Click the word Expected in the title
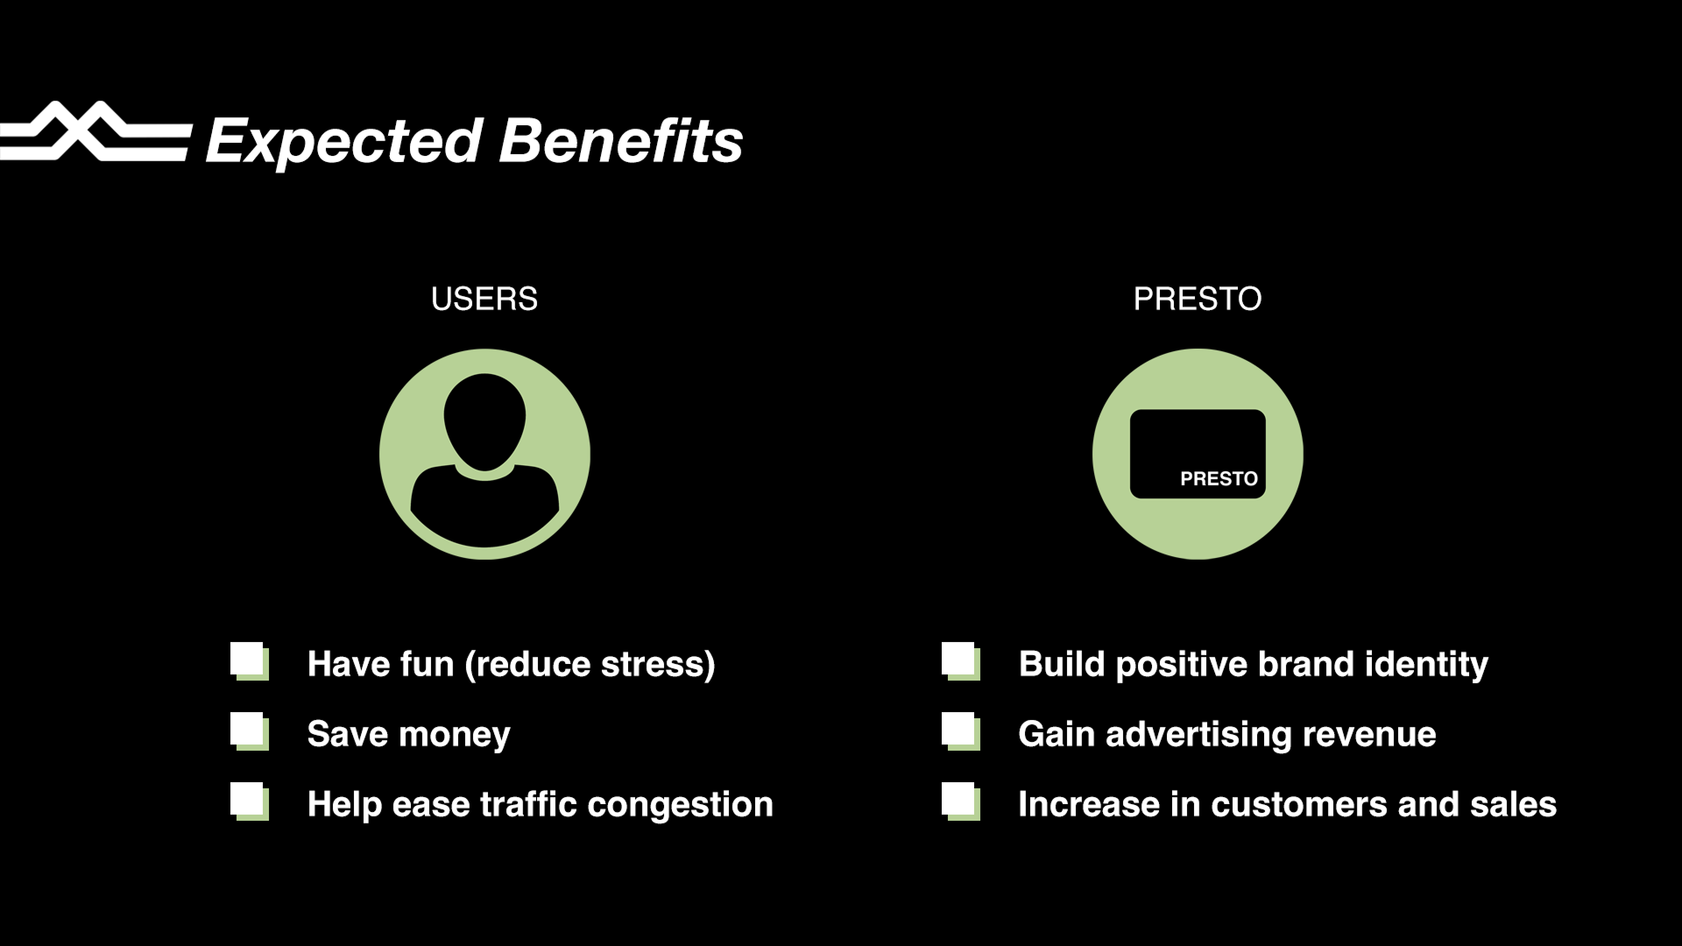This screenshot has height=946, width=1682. [344, 143]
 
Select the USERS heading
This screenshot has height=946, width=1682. [484, 300]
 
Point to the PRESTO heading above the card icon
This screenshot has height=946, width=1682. [1198, 300]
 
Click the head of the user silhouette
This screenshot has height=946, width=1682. [484, 420]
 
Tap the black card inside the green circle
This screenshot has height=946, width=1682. [1198, 454]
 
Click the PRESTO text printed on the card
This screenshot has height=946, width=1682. [1219, 479]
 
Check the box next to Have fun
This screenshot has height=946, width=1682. [250, 662]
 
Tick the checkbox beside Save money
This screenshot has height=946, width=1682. [250, 732]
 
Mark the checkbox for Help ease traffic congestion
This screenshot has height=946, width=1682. [250, 802]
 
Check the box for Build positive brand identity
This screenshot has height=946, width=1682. [961, 662]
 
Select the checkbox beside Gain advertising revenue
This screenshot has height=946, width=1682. [961, 732]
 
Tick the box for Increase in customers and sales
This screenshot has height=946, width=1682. [961, 802]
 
